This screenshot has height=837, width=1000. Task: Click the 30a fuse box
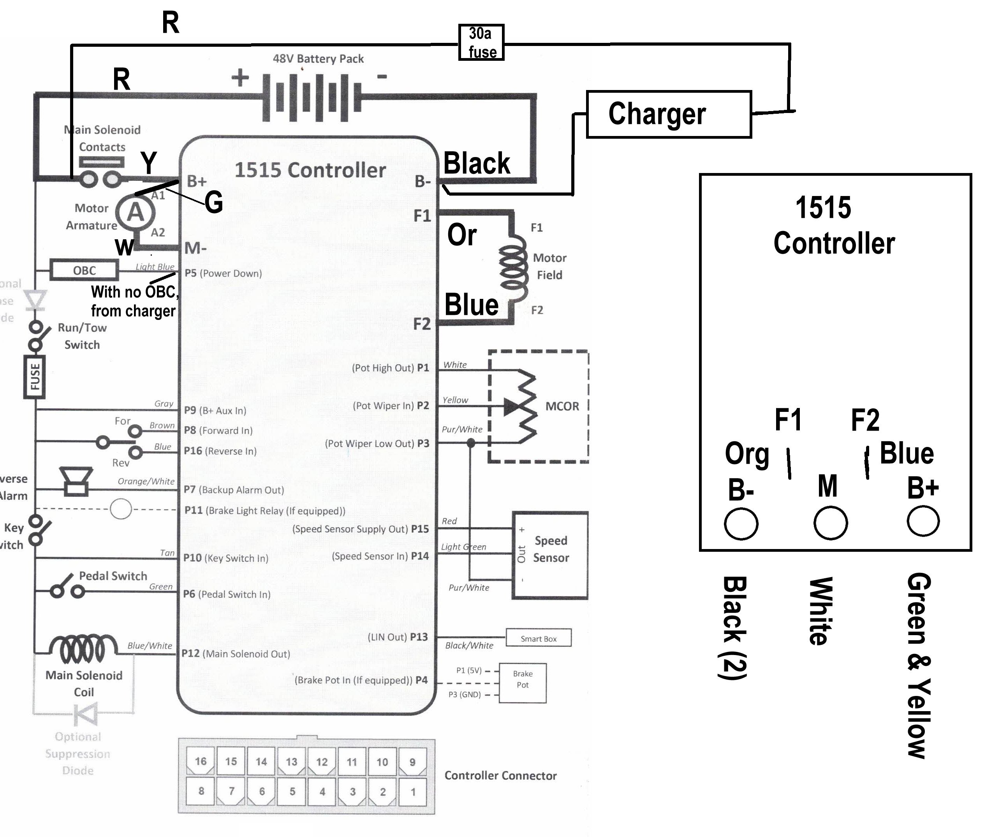click(481, 42)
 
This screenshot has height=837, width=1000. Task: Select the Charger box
click(669, 114)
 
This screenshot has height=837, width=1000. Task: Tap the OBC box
click(84, 270)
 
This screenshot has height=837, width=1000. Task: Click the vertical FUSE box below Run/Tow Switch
click(34, 376)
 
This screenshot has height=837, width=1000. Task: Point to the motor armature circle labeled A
click(135, 212)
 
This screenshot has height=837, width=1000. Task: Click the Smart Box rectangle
click(538, 638)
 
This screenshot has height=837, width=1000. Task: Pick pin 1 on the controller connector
click(412, 791)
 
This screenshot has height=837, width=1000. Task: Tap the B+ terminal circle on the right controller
click(923, 521)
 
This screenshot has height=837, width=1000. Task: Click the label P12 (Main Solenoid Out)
click(235, 653)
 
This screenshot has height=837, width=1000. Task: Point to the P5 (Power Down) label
click(223, 273)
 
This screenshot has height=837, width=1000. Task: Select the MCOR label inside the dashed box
click(562, 406)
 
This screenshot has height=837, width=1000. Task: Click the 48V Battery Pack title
click(318, 58)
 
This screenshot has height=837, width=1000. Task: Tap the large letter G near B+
click(214, 202)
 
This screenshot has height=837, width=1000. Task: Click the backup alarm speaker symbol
click(75, 481)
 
